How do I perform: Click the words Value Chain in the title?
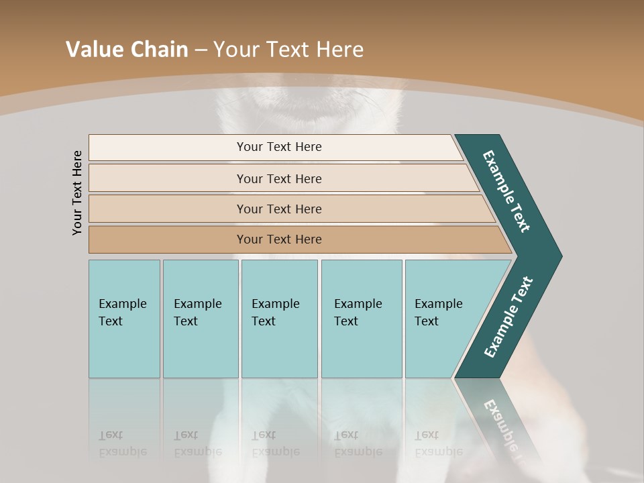click(127, 49)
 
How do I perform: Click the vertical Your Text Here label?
click(78, 193)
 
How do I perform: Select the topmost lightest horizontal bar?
click(168, 147)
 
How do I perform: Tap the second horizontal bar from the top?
click(168, 178)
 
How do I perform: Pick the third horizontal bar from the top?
click(168, 209)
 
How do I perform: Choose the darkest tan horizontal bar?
click(168, 239)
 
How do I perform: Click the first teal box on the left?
click(124, 349)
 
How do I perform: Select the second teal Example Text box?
click(201, 349)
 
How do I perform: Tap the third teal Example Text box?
click(279, 349)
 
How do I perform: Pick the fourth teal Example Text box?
click(362, 349)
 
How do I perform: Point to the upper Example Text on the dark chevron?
click(506, 191)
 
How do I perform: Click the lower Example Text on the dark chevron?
click(508, 317)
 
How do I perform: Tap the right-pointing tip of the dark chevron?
click(557, 256)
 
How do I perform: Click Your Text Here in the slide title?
click(288, 49)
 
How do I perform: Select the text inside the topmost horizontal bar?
click(279, 147)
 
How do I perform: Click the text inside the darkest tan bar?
click(279, 239)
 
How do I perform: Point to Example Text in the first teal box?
click(122, 312)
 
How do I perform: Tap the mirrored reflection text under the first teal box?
click(122, 443)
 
